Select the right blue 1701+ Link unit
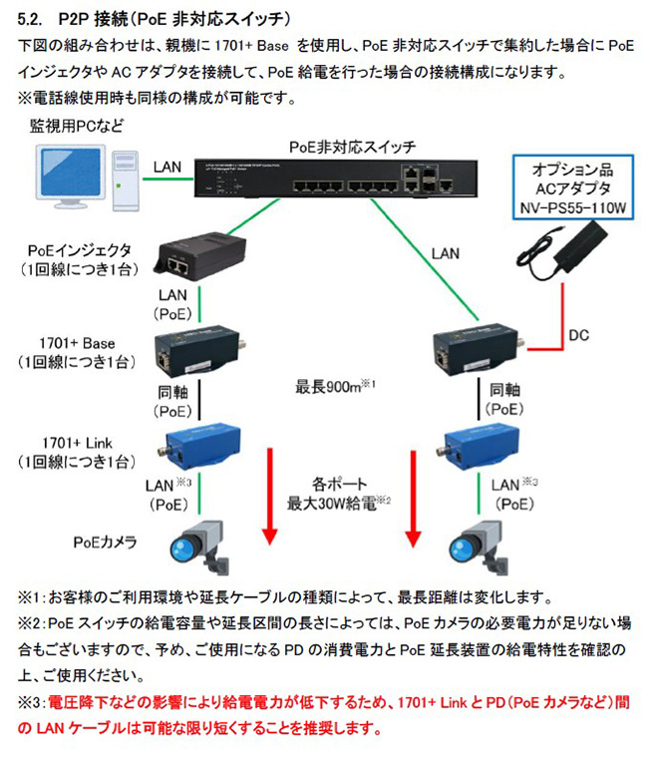[475, 446]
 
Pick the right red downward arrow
[412, 499]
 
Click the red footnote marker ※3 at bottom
[30, 702]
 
